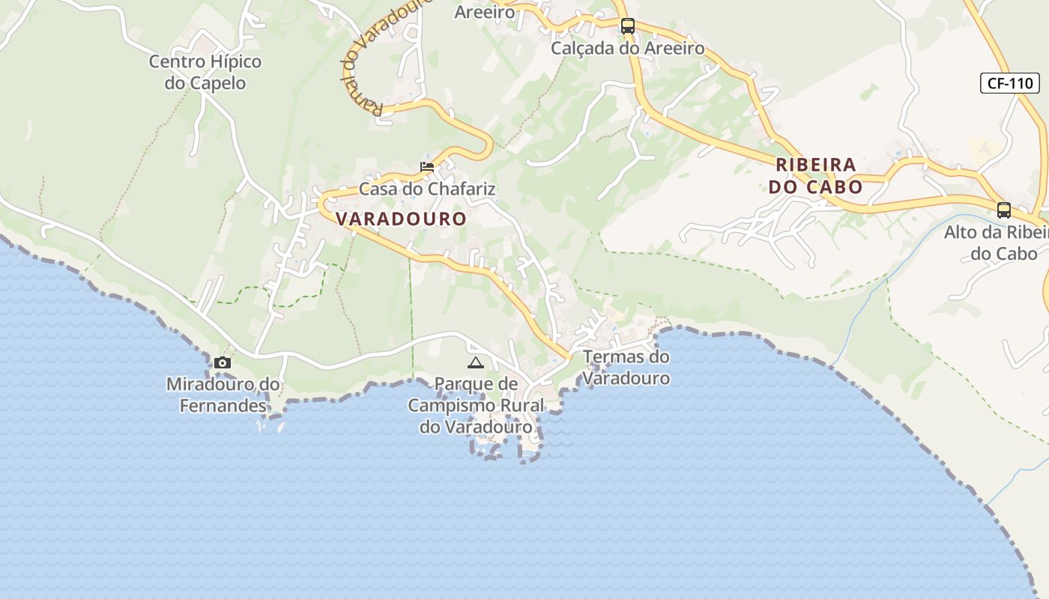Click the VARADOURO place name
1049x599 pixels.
coord(402,219)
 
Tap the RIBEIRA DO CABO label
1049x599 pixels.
coord(815,175)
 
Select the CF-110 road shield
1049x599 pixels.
coord(1009,83)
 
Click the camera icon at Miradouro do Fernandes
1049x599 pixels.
coord(222,363)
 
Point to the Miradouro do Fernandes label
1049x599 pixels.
coord(223,395)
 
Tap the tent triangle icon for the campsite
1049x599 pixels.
coord(475,363)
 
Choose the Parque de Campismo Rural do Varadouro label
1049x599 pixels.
coord(476,405)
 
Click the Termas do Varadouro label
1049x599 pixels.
coord(626,367)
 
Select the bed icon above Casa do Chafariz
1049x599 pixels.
coord(427,166)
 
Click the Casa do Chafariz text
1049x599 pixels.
coord(427,189)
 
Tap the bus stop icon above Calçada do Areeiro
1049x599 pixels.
coord(628,26)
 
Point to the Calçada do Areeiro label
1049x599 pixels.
coord(628,49)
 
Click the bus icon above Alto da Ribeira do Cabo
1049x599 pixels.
coord(1004,210)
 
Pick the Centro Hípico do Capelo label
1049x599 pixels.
coord(205,72)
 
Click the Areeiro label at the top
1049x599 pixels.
coord(485,12)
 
